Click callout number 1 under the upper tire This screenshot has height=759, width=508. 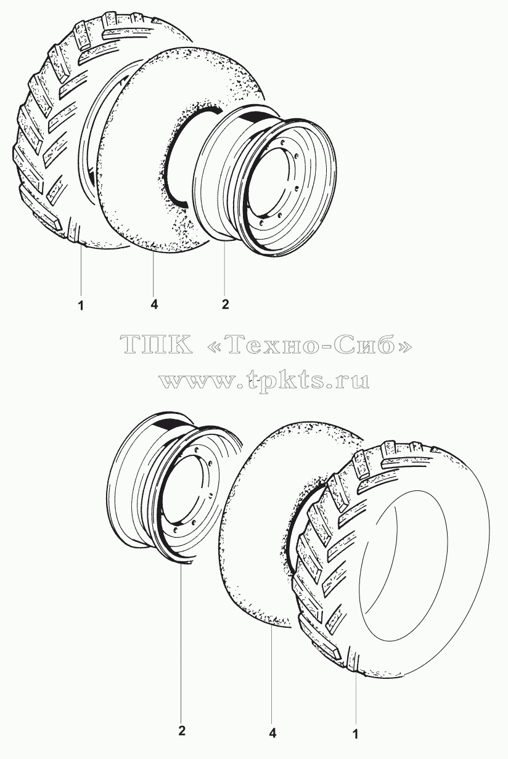tap(81, 306)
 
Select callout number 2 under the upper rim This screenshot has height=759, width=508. tap(225, 304)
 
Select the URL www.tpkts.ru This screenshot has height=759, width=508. tap(264, 381)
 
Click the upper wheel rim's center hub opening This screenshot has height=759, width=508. tap(273, 184)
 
